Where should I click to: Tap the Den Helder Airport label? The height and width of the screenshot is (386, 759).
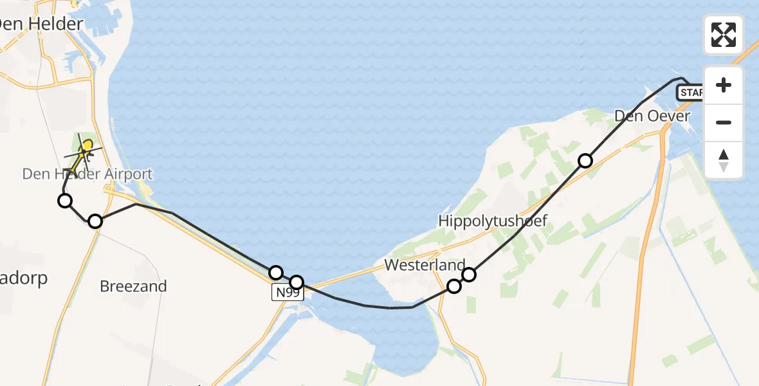[87, 174]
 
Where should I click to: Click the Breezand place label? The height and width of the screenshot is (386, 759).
[133, 286]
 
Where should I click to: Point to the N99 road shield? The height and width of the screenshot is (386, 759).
[287, 293]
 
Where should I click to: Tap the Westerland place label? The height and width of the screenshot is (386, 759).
[425, 265]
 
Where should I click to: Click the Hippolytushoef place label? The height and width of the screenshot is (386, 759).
[492, 221]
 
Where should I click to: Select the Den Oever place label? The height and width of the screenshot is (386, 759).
[652, 116]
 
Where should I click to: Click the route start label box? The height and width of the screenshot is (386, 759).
[690, 93]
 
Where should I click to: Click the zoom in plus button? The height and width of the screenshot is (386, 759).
[724, 85]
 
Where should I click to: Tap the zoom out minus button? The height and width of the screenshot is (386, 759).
[724, 122]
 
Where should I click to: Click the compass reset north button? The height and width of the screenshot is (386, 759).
[724, 160]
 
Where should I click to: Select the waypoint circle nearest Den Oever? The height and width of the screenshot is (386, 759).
[585, 161]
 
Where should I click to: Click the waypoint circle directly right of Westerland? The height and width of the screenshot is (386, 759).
[469, 275]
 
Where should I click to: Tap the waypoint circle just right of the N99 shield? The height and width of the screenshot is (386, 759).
[297, 282]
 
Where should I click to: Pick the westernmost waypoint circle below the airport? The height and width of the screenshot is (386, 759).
[65, 201]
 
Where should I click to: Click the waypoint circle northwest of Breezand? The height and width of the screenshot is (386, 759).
[95, 221]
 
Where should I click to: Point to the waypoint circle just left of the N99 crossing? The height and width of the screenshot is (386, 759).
[276, 273]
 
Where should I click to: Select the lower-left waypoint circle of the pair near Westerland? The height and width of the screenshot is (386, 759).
[454, 286]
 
